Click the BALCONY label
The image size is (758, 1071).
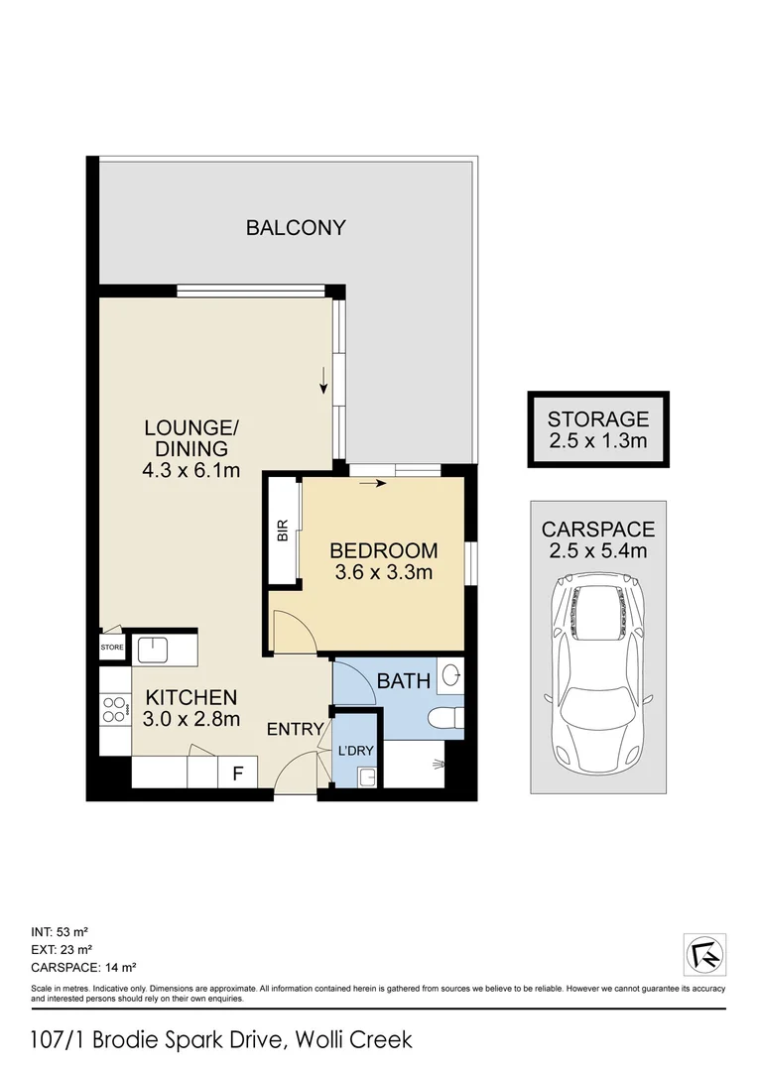pyautogui.click(x=296, y=227)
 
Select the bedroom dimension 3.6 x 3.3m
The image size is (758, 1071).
pyautogui.click(x=383, y=571)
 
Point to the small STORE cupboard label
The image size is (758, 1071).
pyautogui.click(x=111, y=649)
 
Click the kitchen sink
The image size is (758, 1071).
pyautogui.click(x=154, y=650)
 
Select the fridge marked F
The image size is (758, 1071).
pyautogui.click(x=237, y=773)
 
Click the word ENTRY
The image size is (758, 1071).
pyautogui.click(x=295, y=730)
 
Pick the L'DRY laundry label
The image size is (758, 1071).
pyautogui.click(x=355, y=751)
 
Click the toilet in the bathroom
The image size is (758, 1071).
pyautogui.click(x=442, y=717)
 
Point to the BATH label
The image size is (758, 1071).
pyautogui.click(x=404, y=681)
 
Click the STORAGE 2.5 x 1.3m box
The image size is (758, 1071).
pyautogui.click(x=598, y=429)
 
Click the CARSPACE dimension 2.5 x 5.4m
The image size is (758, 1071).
pyautogui.click(x=598, y=549)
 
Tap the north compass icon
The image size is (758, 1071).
pyautogui.click(x=704, y=954)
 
